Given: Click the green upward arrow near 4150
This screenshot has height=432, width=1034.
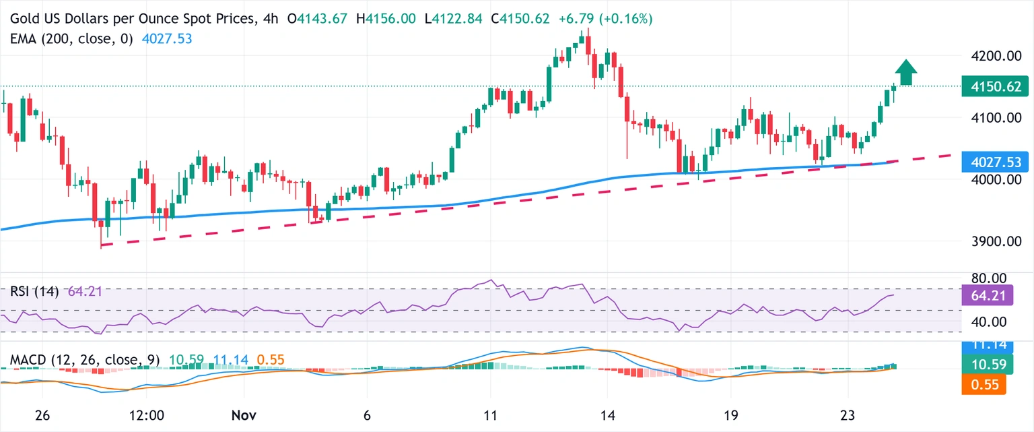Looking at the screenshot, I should point(906,72).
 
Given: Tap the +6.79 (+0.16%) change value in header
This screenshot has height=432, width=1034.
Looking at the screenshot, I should point(606,19).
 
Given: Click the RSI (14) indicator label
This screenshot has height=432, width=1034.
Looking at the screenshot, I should point(34,292).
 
